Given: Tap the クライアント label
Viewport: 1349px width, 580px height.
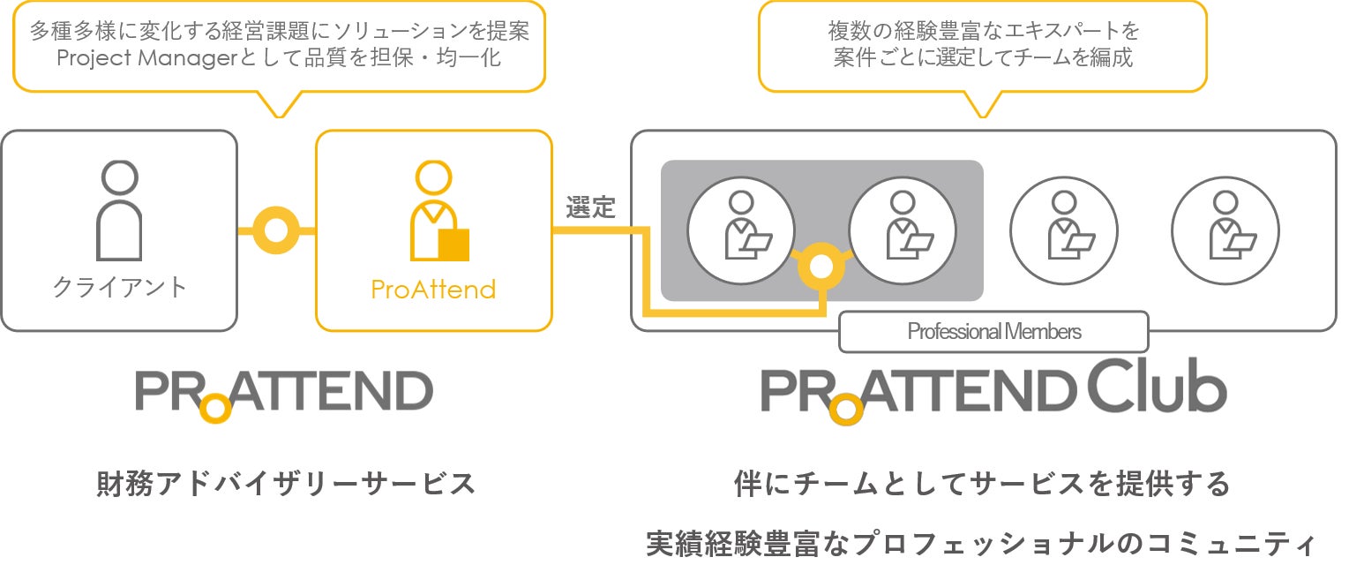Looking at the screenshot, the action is [119, 288].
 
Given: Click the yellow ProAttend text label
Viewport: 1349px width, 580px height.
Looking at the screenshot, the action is [433, 289].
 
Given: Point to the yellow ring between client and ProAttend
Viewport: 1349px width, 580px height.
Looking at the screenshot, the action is [276, 230].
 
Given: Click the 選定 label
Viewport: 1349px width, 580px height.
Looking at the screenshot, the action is [590, 209].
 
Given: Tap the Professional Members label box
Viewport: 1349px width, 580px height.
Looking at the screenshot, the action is [993, 332].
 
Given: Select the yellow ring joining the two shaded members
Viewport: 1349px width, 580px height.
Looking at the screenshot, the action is [821, 267].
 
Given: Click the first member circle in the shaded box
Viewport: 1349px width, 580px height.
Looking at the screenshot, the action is [741, 230].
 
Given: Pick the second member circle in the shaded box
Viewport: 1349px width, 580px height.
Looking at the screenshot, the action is [903, 230].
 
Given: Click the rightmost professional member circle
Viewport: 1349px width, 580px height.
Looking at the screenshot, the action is [1225, 230].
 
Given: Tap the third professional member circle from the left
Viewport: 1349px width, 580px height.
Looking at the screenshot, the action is [1064, 230].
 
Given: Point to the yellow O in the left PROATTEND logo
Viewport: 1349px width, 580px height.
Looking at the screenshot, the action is [215, 408].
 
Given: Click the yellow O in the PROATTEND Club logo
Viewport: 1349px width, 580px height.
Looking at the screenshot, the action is [846, 409].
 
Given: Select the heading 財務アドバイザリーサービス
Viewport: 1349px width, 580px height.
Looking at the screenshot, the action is [286, 484].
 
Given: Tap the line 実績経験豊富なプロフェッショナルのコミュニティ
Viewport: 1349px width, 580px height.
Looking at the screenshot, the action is [981, 543].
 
